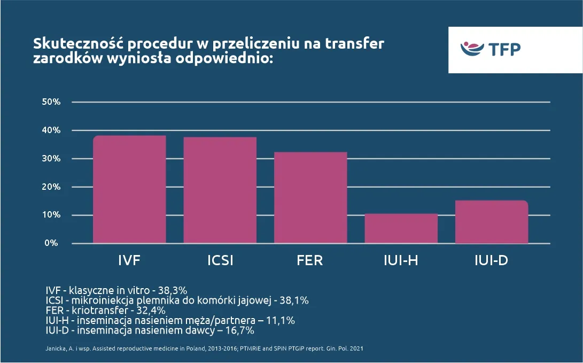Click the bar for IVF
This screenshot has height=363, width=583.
129,189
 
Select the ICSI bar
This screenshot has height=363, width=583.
220,190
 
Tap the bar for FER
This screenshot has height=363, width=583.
310,197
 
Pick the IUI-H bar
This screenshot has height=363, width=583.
401,228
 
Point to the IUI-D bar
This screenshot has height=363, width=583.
492,222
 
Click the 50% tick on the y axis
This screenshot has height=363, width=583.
52,102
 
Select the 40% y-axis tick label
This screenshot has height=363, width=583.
52,130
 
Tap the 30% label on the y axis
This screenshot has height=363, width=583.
52,159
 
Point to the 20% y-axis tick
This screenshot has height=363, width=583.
52,187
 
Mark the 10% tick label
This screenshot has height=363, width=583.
52,215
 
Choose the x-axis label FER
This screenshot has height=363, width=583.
310,261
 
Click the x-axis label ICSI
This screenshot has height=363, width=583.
220,261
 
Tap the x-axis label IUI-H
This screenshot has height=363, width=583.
401,261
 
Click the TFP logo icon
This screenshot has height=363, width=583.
472,49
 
